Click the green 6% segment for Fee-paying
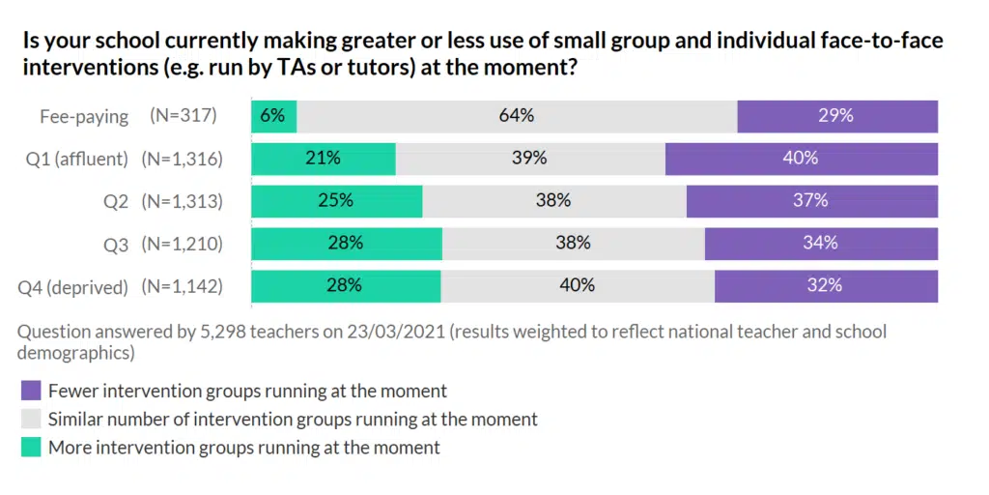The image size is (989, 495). point(273,116)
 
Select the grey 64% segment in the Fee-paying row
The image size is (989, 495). point(517,116)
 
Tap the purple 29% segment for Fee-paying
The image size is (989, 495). point(836,116)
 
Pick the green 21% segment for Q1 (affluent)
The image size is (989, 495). point(324,159)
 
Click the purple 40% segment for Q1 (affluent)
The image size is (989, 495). point(801,159)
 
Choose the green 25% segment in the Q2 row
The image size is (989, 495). point(336,201)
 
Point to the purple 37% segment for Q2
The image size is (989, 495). point(811,201)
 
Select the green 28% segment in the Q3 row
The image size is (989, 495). point(346,244)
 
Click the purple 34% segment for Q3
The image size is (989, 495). point(820,244)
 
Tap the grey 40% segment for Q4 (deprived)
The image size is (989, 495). point(578,286)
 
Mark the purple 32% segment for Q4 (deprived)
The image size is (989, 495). point(826,286)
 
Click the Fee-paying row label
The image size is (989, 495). point(84,116)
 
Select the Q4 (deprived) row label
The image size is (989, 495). point(73,287)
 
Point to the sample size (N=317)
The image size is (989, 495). point(184,116)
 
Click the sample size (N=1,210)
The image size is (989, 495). point(182,245)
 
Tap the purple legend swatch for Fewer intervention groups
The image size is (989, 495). point(31,392)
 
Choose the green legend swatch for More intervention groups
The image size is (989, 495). point(31,448)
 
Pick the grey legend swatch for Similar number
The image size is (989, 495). point(31,420)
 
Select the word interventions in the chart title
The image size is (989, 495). point(86,71)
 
